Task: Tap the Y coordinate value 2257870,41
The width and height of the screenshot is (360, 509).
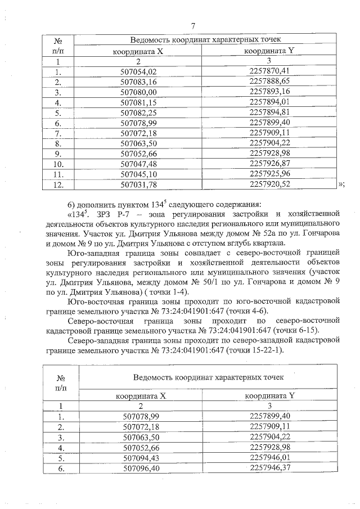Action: point(269,71)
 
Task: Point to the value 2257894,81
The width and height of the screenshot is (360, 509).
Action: point(269,112)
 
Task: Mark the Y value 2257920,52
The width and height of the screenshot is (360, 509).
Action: point(269,184)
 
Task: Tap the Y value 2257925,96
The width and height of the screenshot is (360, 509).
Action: point(269,173)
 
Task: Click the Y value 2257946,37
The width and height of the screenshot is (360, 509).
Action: point(269,467)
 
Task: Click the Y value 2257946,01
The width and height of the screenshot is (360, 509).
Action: point(269,457)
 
